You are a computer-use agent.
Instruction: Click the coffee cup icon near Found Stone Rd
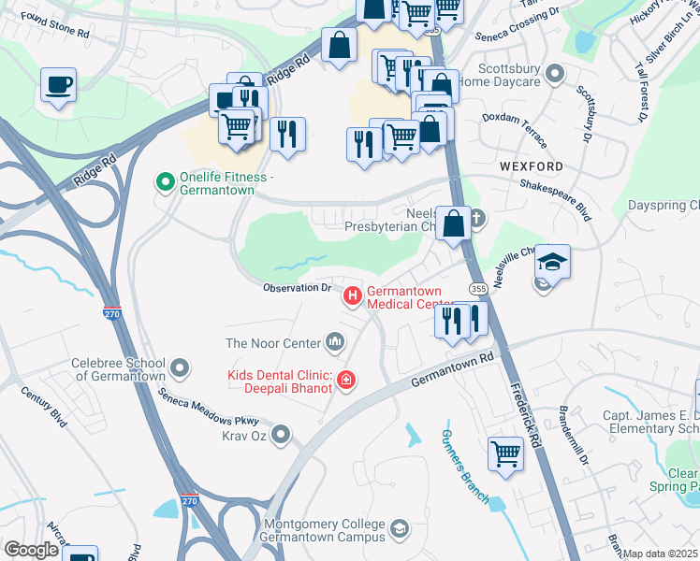coord(58,86)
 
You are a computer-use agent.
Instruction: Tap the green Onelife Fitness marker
coord(166,181)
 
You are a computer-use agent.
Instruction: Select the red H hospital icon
coord(353,297)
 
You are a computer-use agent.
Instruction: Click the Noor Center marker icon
coord(335,343)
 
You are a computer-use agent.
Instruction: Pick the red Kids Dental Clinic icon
coord(346,379)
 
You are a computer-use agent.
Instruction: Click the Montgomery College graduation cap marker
coord(400,530)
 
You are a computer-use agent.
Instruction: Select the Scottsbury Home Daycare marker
coord(556,72)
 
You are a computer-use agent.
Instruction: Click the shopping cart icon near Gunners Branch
coord(505,454)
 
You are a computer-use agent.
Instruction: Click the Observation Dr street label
coord(297,288)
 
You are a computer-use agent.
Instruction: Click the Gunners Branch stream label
coord(464,467)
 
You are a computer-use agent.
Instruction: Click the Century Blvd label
coord(47,411)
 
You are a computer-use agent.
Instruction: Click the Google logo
coord(31,550)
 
